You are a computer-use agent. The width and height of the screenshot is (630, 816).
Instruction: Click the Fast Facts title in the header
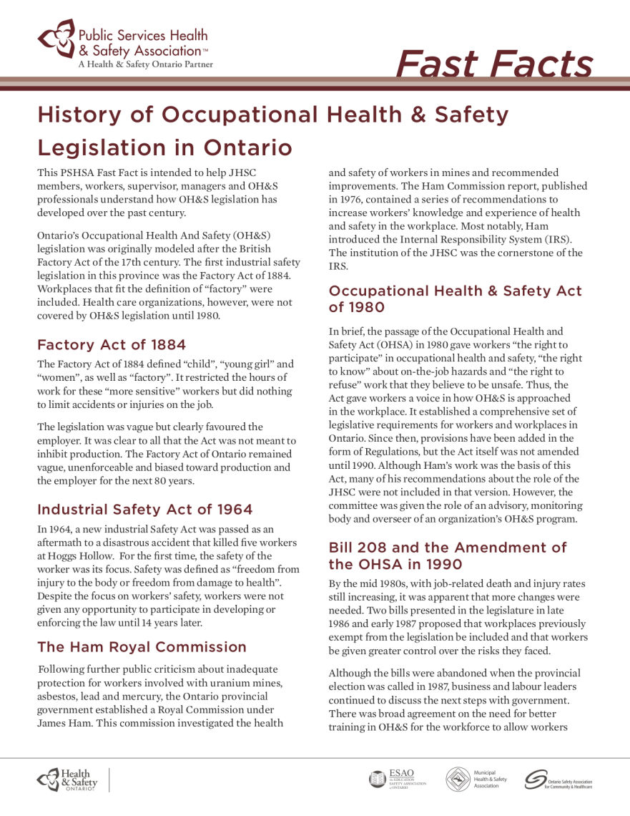click(493, 64)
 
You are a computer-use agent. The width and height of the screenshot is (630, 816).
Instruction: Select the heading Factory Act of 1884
click(112, 344)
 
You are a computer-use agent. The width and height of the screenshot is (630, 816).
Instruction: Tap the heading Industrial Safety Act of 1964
click(144, 510)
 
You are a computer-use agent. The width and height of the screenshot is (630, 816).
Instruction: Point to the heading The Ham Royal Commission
click(142, 647)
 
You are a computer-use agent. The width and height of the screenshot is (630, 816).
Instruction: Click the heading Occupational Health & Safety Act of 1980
click(455, 298)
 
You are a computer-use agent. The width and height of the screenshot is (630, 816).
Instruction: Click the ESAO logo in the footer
click(398, 779)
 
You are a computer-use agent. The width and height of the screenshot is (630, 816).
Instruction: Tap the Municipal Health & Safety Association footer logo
click(476, 779)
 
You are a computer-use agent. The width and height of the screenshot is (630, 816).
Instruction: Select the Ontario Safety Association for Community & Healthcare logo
click(558, 779)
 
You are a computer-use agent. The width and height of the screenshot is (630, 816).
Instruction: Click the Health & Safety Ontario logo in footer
click(67, 779)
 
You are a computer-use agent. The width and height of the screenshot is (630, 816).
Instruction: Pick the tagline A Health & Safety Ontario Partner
click(145, 64)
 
